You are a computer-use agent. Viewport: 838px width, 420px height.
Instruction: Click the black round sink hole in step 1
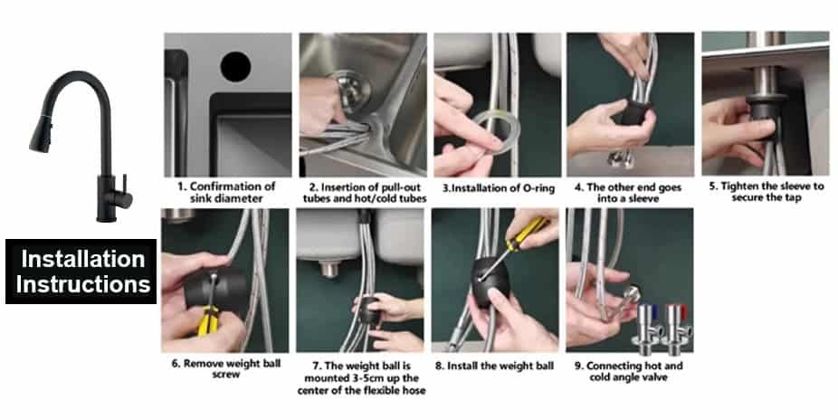coord(235,66)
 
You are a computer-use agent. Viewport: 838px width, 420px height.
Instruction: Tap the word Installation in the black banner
coord(83,259)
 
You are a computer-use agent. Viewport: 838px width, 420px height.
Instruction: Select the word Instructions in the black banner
coord(83,284)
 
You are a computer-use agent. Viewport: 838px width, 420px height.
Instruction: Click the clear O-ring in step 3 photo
coord(497,131)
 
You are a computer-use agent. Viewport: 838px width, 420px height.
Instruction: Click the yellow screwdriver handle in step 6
coord(208,320)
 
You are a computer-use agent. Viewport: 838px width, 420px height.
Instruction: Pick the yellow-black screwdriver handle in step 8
coord(526,232)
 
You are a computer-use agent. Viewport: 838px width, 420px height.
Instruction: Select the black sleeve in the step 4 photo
coord(635,119)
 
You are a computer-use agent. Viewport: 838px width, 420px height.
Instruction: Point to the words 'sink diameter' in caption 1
coord(226,198)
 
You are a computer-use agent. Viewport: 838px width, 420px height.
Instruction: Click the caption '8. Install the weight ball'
coord(494,366)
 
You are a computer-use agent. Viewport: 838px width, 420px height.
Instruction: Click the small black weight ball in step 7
coord(368,310)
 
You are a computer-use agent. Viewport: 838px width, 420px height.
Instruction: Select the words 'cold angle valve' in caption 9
coord(628,377)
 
